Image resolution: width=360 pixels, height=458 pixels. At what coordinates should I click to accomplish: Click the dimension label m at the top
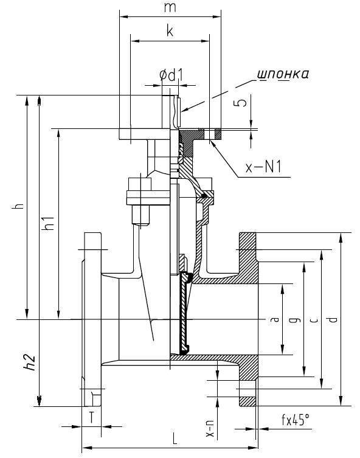pyautogui.click(x=170, y=8)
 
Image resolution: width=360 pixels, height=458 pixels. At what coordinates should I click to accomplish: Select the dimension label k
pyautogui.click(x=170, y=30)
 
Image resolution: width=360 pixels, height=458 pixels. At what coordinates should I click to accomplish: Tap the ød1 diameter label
pyautogui.click(x=171, y=75)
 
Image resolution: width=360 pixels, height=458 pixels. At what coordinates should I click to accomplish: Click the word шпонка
pyautogui.click(x=283, y=74)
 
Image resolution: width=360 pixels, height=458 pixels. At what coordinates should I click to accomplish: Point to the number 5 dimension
pyautogui.click(x=241, y=102)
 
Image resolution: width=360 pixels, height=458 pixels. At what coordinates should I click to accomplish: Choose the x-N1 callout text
pyautogui.click(x=263, y=167)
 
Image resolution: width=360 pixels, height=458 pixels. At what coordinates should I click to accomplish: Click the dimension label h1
pyautogui.click(x=48, y=223)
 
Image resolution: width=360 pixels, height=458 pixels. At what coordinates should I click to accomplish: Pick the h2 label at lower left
pyautogui.click(x=30, y=363)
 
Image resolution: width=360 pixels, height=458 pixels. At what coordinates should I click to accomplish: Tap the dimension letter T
pyautogui.click(x=92, y=417)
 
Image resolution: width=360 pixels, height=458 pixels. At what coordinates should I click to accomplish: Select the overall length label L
pyautogui.click(x=175, y=438)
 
